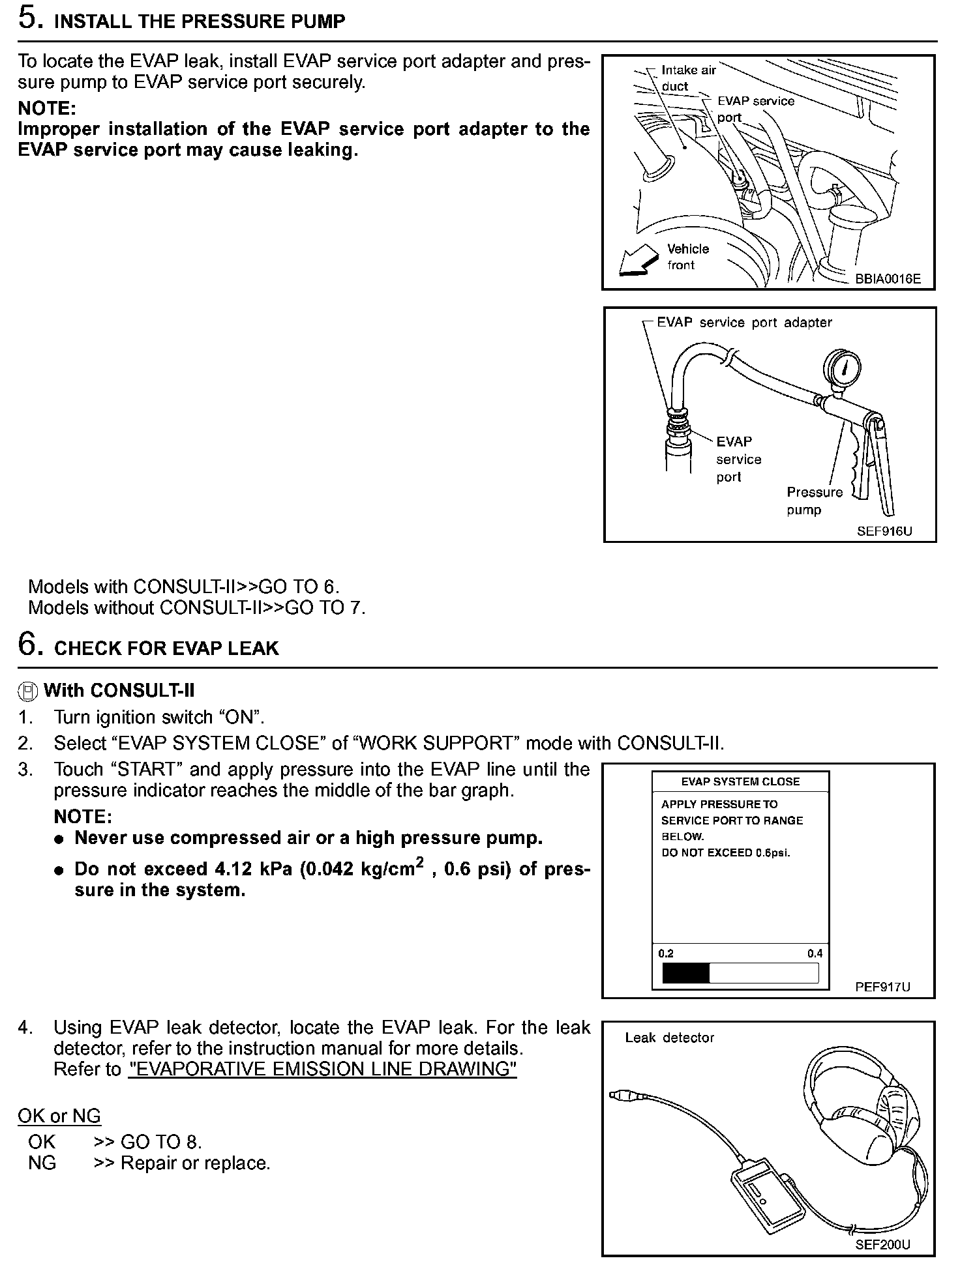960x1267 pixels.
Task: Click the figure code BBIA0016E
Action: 888,279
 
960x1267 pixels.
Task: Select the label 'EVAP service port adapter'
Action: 744,322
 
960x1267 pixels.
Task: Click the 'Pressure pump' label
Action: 814,501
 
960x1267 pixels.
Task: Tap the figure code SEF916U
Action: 884,531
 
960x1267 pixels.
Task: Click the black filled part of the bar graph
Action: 685,974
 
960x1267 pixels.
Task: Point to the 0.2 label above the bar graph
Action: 666,954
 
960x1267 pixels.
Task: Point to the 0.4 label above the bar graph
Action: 815,954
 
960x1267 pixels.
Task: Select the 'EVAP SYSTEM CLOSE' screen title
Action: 740,781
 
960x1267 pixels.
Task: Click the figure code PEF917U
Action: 882,987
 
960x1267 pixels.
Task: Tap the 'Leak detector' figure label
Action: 670,1038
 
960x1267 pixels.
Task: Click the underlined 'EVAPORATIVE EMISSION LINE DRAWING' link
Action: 323,1070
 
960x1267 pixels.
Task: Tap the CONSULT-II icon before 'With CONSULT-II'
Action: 28,691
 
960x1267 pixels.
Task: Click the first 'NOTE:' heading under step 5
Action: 47,108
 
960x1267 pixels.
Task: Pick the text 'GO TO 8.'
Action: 161,1142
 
